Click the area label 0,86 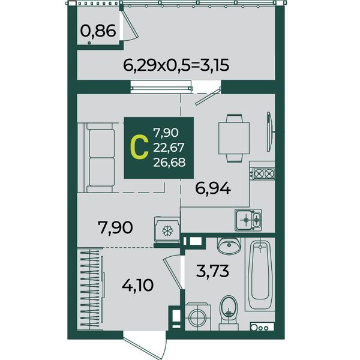pos(98,31)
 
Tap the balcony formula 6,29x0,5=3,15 pos(176,65)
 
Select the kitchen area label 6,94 pos(213,189)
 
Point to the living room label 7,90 pos(115,227)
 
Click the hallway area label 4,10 pos(138,286)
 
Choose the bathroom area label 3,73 pos(212,271)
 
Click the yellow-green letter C pos(139,147)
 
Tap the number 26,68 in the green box pos(169,163)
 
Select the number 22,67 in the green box pos(169,148)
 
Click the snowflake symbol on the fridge pos(167,231)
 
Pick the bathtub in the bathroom pos(260,275)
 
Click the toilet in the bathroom pos(228,313)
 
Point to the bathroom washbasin pos(229,246)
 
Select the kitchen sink pos(248,220)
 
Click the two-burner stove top pos(262,173)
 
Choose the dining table pos(234,139)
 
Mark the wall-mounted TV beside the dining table pos(270,131)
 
